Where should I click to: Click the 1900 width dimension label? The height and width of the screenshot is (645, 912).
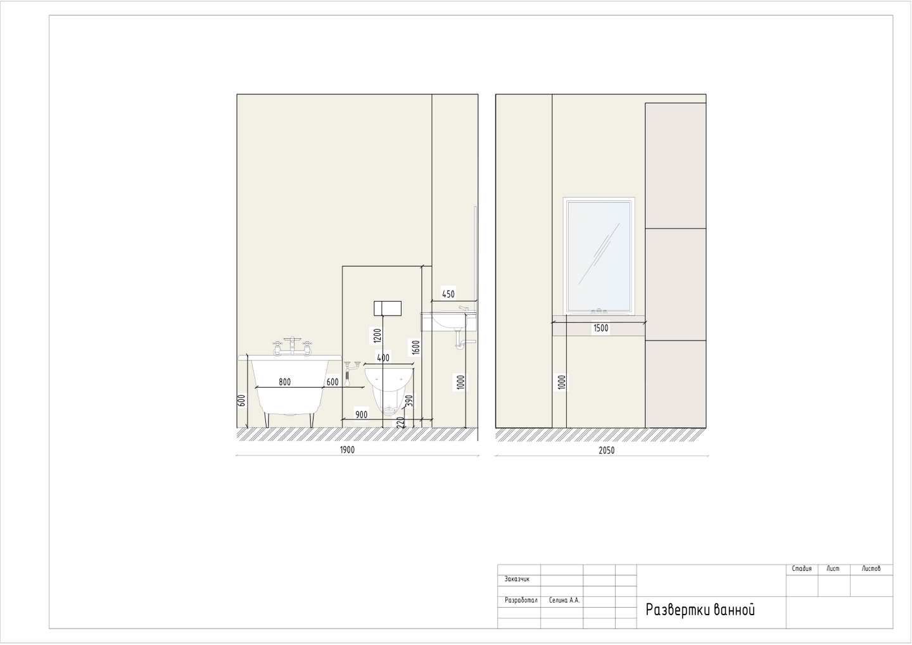347,450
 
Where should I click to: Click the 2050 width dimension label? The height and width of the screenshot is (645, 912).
607,450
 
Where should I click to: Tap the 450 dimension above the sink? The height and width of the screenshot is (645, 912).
448,294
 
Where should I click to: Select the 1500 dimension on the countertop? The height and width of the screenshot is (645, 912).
601,328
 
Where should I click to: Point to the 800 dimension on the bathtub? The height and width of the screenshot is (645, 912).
284,382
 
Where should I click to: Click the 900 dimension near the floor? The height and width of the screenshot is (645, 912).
362,414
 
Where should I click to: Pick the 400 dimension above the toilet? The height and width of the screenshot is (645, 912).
383,358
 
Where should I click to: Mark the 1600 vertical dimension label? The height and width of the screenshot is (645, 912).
415,347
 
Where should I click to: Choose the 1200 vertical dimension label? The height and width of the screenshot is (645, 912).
377,336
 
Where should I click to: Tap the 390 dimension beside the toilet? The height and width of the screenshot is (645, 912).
410,400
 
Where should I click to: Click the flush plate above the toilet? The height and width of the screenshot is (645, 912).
388,309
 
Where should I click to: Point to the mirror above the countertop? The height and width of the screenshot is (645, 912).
598,256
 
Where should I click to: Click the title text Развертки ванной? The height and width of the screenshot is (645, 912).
700,610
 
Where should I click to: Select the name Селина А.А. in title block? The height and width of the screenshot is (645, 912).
564,600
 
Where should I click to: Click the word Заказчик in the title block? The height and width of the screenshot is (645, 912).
517,578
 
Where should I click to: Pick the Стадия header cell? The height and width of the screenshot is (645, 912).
802,568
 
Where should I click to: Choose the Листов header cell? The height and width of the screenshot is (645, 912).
871,568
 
